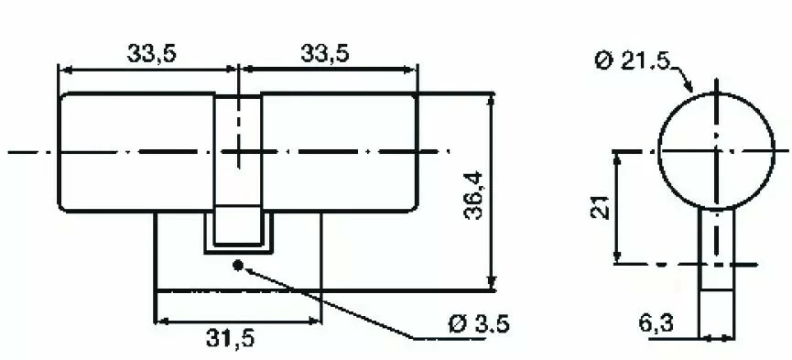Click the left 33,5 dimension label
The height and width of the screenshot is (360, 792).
(151, 53)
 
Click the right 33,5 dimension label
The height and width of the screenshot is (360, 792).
(325, 53)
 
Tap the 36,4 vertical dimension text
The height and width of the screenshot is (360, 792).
(473, 196)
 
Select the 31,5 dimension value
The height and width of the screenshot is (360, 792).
(230, 339)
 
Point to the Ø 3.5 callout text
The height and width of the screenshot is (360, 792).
(479, 323)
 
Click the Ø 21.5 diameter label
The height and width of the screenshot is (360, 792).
(633, 61)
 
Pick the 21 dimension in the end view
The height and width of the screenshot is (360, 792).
(600, 207)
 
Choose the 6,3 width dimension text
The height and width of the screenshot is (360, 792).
(656, 323)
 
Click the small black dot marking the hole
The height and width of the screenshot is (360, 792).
(238, 265)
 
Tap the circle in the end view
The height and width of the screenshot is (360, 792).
(657, 151)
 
